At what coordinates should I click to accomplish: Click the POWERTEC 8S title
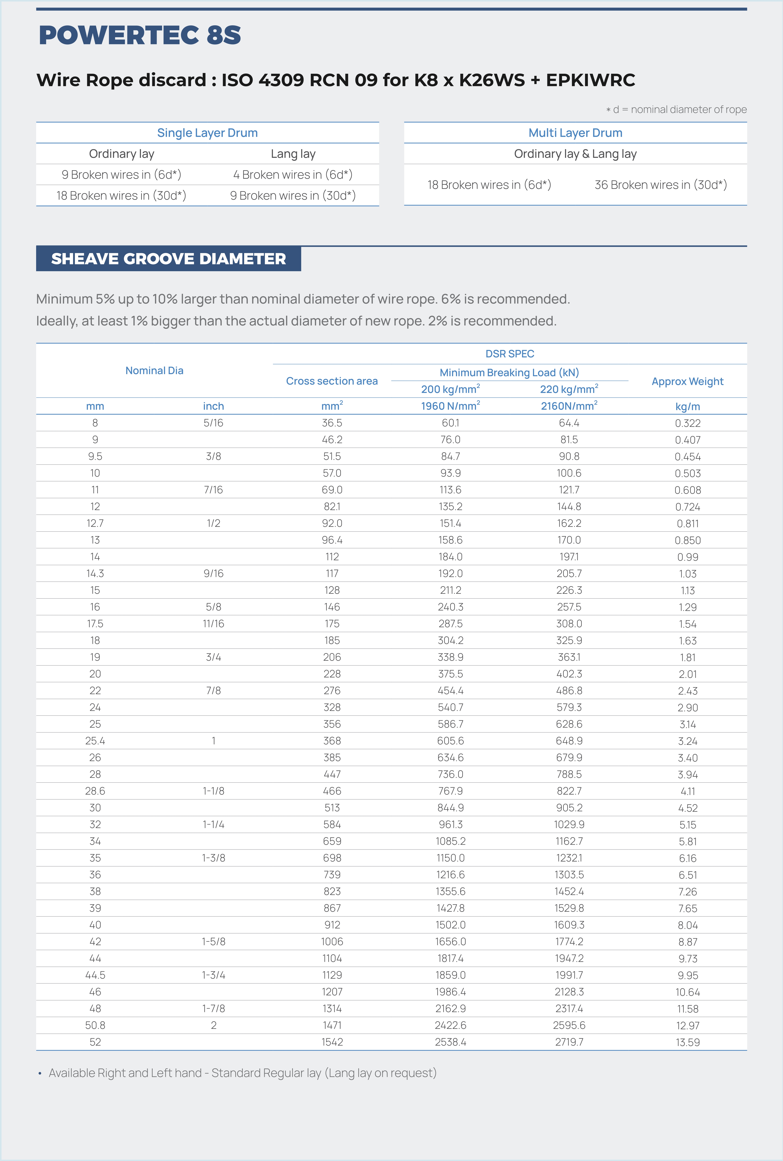tap(140, 35)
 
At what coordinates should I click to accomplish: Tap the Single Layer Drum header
tap(207, 133)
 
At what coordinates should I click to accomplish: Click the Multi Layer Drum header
tap(575, 133)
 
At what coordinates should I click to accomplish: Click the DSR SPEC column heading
tap(509, 354)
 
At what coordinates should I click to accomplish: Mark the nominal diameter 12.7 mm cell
tap(95, 523)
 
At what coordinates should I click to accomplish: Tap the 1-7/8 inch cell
tap(213, 1009)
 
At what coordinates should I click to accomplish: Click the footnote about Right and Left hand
tap(242, 1073)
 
